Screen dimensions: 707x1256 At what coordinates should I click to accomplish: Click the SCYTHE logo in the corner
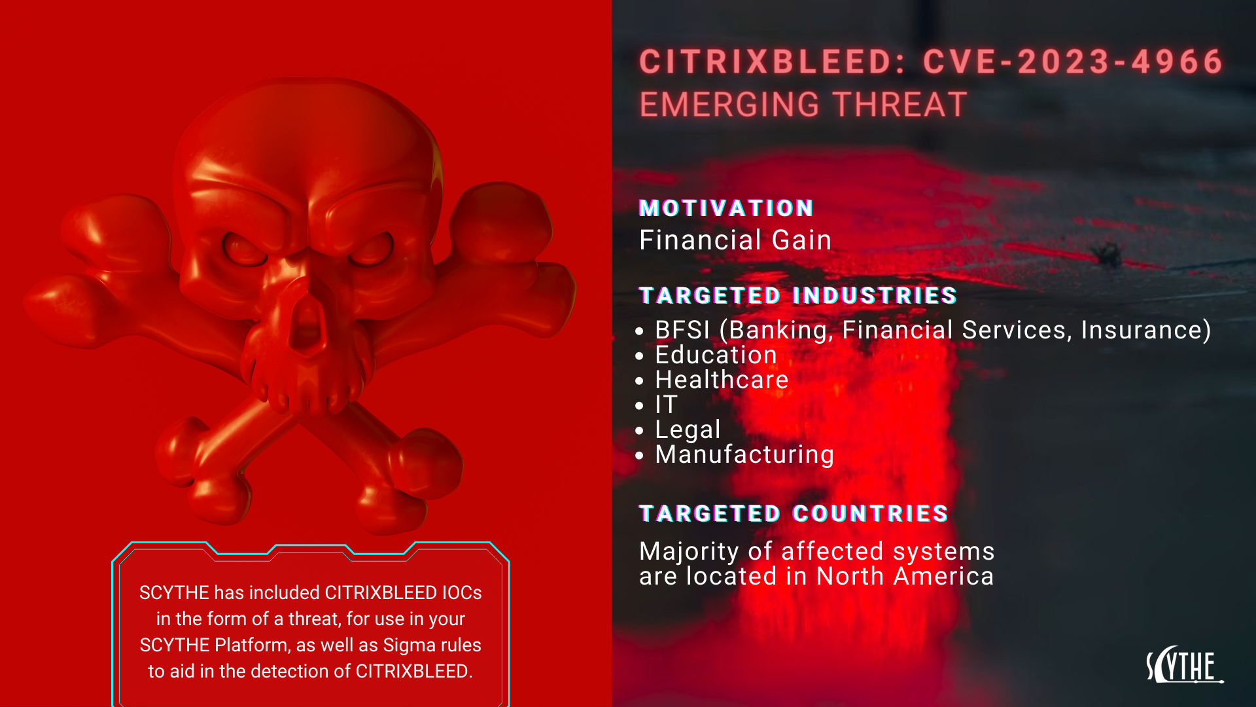pyautogui.click(x=1184, y=666)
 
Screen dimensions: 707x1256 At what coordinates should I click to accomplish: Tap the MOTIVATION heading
pyautogui.click(x=726, y=208)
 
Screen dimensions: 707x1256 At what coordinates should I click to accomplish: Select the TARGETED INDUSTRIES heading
pyautogui.click(x=798, y=295)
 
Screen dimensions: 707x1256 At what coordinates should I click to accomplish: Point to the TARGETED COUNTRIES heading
pyautogui.click(x=794, y=513)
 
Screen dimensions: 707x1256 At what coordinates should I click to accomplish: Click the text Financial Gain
pyautogui.click(x=735, y=240)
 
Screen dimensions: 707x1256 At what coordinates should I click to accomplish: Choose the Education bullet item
pyautogui.click(x=716, y=355)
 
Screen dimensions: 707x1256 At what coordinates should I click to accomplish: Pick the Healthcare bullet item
pyautogui.click(x=722, y=380)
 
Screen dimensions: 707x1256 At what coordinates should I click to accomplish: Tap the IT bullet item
pyautogui.click(x=666, y=405)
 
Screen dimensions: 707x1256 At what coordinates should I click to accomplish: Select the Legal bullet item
pyautogui.click(x=688, y=429)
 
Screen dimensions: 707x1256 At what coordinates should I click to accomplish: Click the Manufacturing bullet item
pyautogui.click(x=744, y=454)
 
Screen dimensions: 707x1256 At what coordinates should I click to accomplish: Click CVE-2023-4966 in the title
pyautogui.click(x=1073, y=62)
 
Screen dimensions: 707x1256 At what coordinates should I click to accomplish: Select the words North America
pyautogui.click(x=905, y=576)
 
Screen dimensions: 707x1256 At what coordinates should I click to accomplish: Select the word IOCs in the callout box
pyautogui.click(x=462, y=592)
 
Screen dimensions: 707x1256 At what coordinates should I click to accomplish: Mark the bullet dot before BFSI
pyautogui.click(x=640, y=331)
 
